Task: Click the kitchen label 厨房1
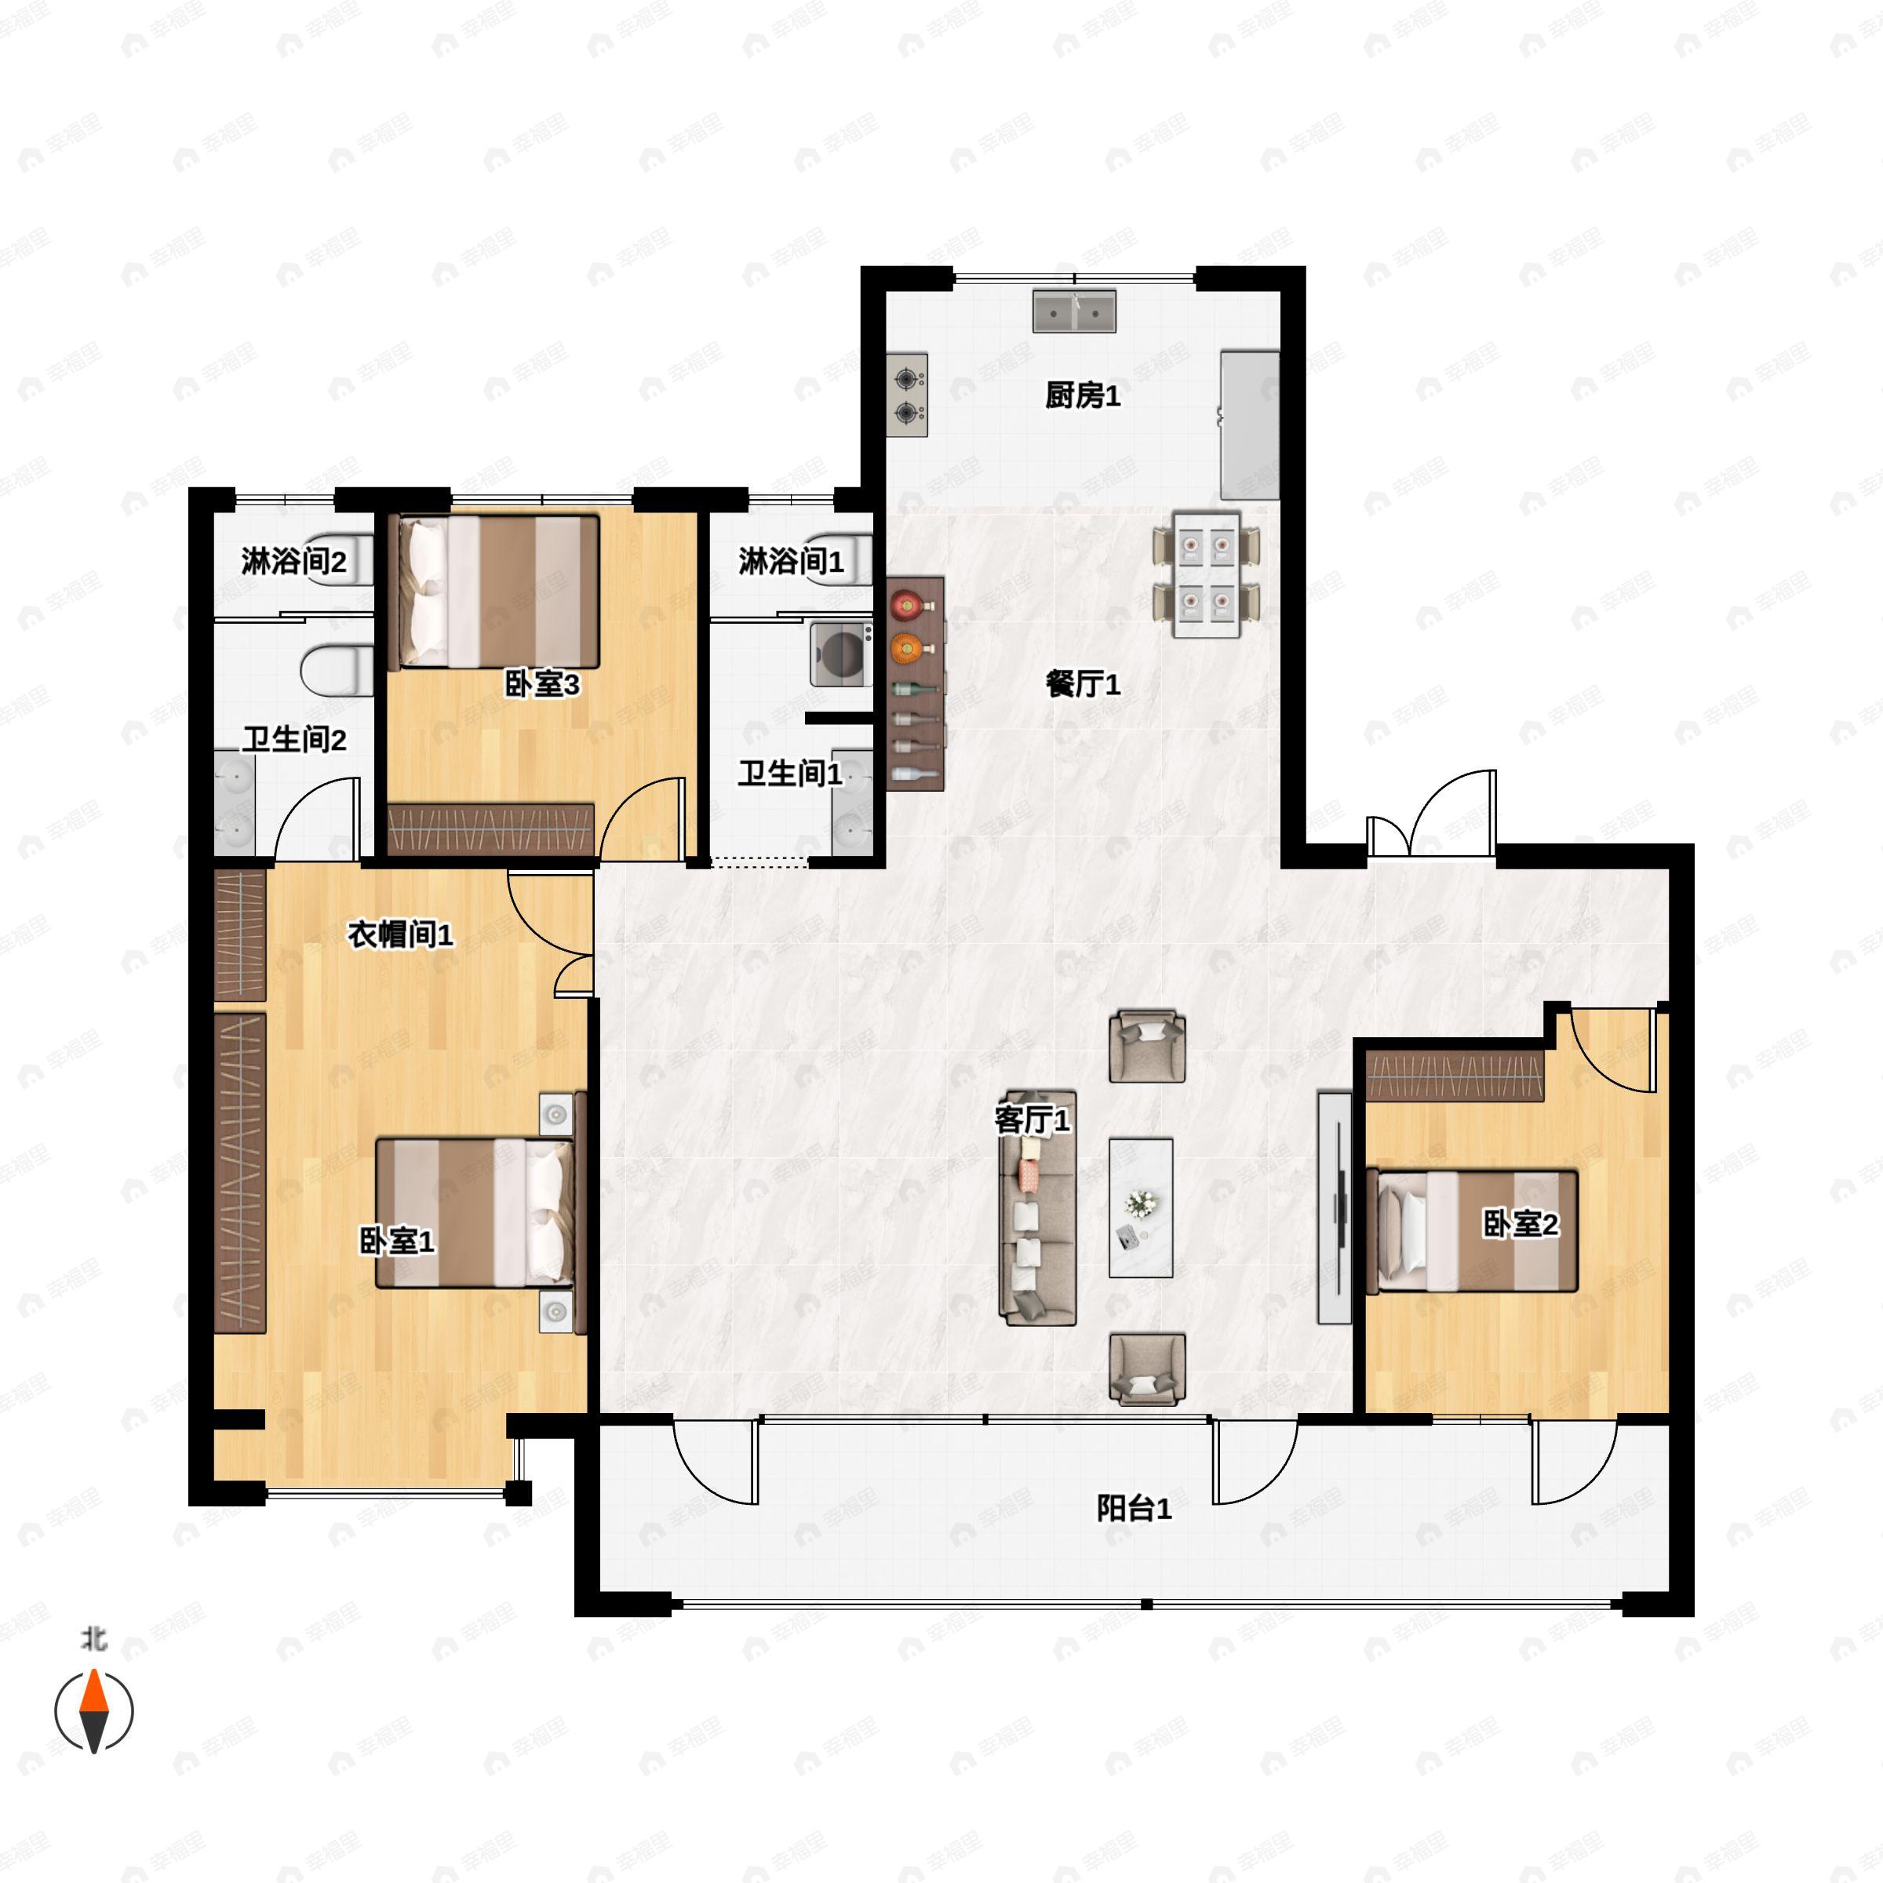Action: (1082, 395)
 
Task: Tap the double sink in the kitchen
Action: (1075, 312)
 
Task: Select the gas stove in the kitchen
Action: (908, 395)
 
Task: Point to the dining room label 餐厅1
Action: (1082, 684)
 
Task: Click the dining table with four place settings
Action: (1207, 574)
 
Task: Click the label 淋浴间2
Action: (293, 562)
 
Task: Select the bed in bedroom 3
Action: (494, 592)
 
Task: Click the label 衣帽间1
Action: (401, 934)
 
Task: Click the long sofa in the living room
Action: (1038, 1208)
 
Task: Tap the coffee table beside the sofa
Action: (1140, 1207)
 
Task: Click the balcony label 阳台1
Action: (1134, 1509)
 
